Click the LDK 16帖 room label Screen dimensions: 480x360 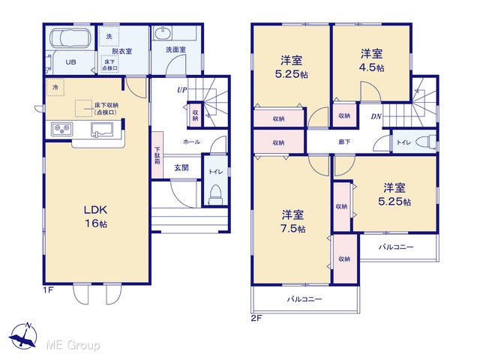tap(96, 217)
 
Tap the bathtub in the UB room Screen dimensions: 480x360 tap(70, 38)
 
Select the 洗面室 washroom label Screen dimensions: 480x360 tap(176, 49)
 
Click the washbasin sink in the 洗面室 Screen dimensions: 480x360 tap(162, 33)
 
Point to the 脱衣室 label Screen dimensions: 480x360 tap(121, 51)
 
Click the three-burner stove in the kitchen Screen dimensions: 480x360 tap(62, 129)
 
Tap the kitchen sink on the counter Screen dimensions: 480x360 tap(102, 129)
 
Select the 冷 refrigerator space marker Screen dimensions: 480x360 tap(55, 88)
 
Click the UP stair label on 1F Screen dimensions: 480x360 tap(181, 90)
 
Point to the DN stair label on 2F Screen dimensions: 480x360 tap(376, 116)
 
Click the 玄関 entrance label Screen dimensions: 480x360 tap(181, 168)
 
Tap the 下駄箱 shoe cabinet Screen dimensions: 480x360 tap(157, 155)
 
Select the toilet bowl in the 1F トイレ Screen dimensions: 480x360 tap(216, 195)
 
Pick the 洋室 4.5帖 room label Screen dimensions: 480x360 tap(372, 60)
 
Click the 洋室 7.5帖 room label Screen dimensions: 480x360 tap(293, 221)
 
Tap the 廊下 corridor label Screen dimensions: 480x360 tap(344, 142)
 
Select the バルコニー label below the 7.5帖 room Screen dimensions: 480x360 tap(304, 299)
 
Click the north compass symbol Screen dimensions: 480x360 tap(23, 335)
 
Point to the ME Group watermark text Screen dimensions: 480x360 tap(73, 345)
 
